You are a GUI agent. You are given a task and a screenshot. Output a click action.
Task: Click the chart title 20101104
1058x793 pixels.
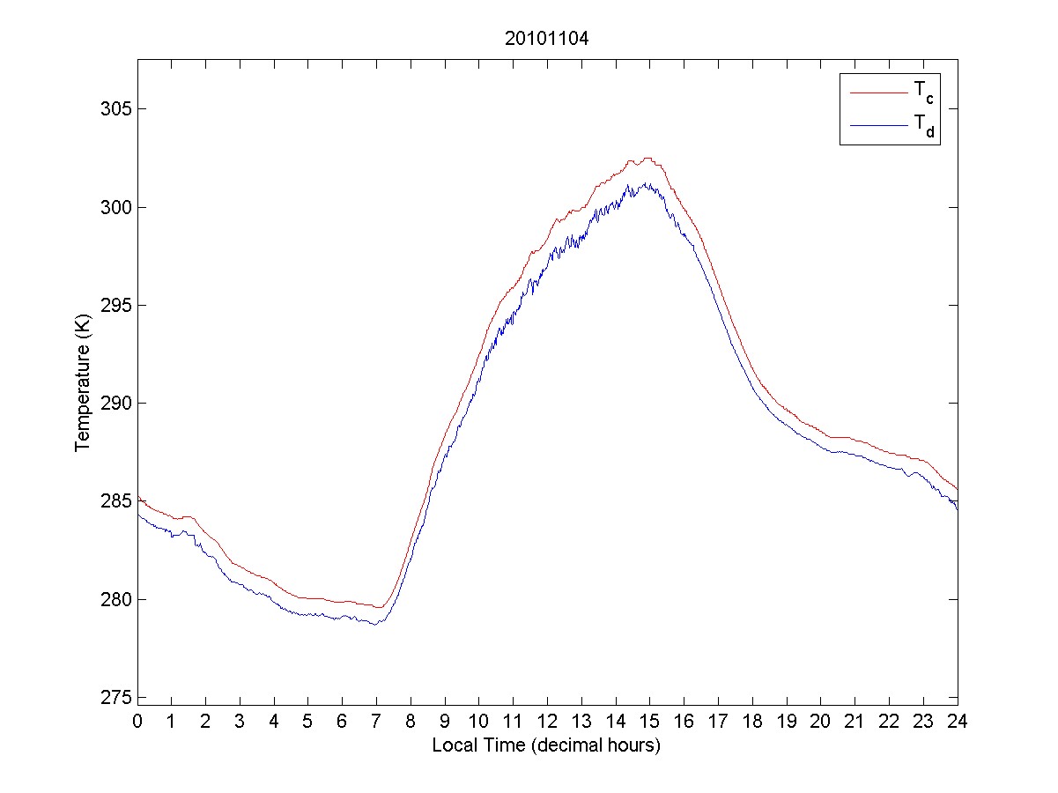coord(546,39)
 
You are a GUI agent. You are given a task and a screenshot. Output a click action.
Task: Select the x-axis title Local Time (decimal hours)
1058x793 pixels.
coord(546,745)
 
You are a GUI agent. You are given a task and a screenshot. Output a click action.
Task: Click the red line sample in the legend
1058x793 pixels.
coord(877,92)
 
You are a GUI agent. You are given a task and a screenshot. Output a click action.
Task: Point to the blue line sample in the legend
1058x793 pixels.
coord(877,127)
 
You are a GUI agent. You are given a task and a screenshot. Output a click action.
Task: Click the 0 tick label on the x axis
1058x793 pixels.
coord(137,721)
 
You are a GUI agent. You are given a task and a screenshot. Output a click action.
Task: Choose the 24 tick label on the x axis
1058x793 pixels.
coord(958,721)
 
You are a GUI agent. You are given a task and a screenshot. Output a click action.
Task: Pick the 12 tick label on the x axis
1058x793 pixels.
coord(547,721)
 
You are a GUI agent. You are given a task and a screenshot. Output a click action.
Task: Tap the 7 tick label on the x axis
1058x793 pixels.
coord(376,721)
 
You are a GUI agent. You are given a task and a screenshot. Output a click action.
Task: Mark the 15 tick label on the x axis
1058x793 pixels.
coord(649,721)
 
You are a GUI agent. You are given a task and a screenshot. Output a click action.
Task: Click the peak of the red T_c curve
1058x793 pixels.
coord(647,158)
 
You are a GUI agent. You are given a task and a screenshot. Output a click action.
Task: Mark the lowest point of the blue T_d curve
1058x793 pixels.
coord(376,624)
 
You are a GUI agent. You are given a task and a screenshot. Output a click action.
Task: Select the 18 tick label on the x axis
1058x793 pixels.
coord(752,721)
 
